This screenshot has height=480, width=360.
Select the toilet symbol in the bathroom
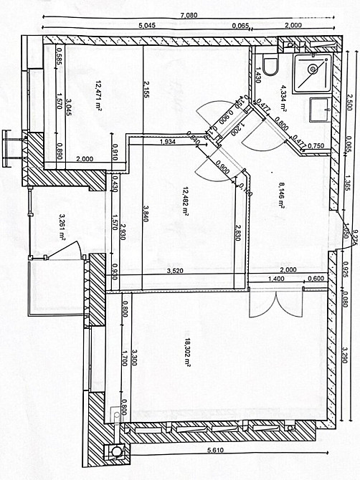tap(270, 66)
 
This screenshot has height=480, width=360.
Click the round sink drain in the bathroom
tap(313, 70)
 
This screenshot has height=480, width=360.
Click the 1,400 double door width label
tap(277, 279)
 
